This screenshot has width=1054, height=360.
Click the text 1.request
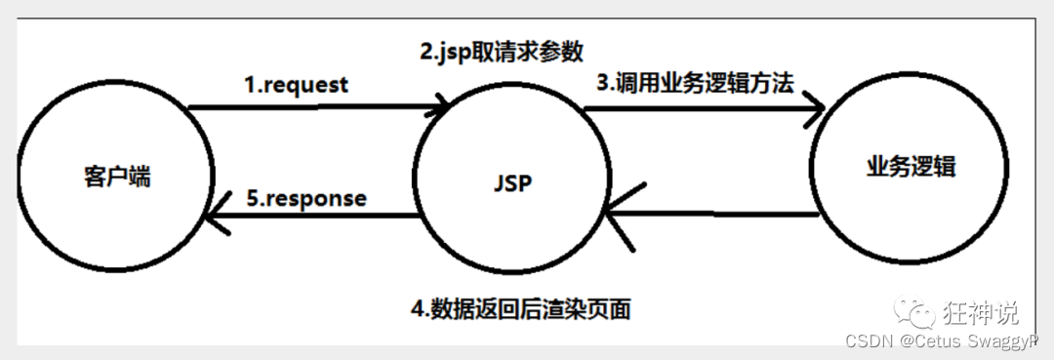296,85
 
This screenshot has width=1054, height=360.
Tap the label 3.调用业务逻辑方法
695,82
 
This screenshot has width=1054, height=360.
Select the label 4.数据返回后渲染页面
520,310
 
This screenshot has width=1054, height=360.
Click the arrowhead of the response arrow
215,220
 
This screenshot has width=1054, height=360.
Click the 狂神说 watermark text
980,312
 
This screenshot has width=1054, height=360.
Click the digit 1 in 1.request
248,85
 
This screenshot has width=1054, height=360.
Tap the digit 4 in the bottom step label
416,310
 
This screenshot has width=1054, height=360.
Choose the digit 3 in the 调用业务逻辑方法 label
602,82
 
